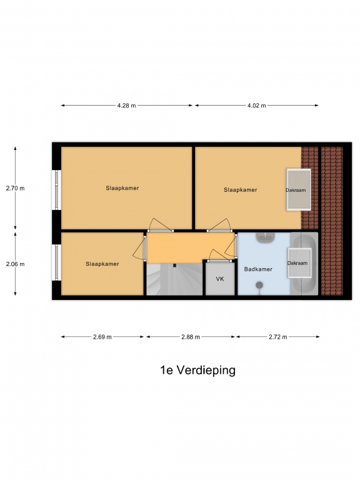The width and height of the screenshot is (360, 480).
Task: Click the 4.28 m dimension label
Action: click(x=126, y=106)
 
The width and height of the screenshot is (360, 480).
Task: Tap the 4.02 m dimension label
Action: click(x=256, y=106)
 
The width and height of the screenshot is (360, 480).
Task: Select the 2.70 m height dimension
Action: click(x=15, y=188)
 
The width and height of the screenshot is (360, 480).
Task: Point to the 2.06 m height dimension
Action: click(x=15, y=264)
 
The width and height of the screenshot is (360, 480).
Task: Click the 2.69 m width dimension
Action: click(x=102, y=337)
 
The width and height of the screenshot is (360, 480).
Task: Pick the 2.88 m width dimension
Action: click(x=191, y=337)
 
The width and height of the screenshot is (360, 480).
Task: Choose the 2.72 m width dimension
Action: click(x=278, y=337)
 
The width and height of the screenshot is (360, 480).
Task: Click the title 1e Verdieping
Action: click(x=197, y=371)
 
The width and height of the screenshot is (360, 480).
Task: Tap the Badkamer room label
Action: click(x=258, y=269)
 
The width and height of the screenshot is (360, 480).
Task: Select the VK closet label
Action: click(x=220, y=279)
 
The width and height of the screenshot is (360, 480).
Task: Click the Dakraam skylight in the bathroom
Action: click(x=299, y=263)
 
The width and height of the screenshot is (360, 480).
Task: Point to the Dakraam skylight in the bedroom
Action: click(x=299, y=190)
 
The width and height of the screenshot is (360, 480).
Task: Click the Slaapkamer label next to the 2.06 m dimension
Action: click(x=102, y=264)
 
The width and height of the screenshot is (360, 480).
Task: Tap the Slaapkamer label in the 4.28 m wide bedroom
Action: click(x=122, y=188)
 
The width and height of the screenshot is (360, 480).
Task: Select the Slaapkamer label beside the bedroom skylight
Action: click(x=240, y=190)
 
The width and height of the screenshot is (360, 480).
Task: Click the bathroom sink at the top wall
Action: click(x=265, y=237)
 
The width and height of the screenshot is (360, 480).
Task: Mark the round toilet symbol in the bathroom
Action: click(x=259, y=285)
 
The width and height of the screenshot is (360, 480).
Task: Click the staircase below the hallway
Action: click(x=174, y=279)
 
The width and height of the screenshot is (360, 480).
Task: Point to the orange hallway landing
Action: click(x=191, y=247)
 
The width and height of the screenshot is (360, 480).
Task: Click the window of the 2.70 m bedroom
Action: click(x=57, y=190)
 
